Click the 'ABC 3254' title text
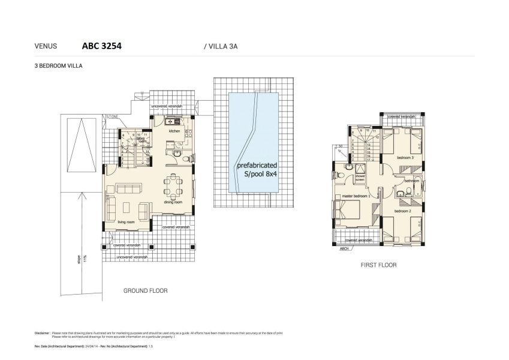coord(101,45)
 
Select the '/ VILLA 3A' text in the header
coord(221,46)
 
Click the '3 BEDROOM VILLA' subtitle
coord(58,67)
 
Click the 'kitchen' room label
coord(174,131)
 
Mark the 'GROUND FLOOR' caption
coord(145,290)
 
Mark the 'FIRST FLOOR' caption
coord(378,265)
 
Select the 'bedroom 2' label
coord(402,211)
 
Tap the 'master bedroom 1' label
coord(356,196)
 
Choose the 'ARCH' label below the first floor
coord(344,248)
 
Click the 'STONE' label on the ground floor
coord(113,116)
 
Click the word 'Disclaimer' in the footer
coord(41,332)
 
